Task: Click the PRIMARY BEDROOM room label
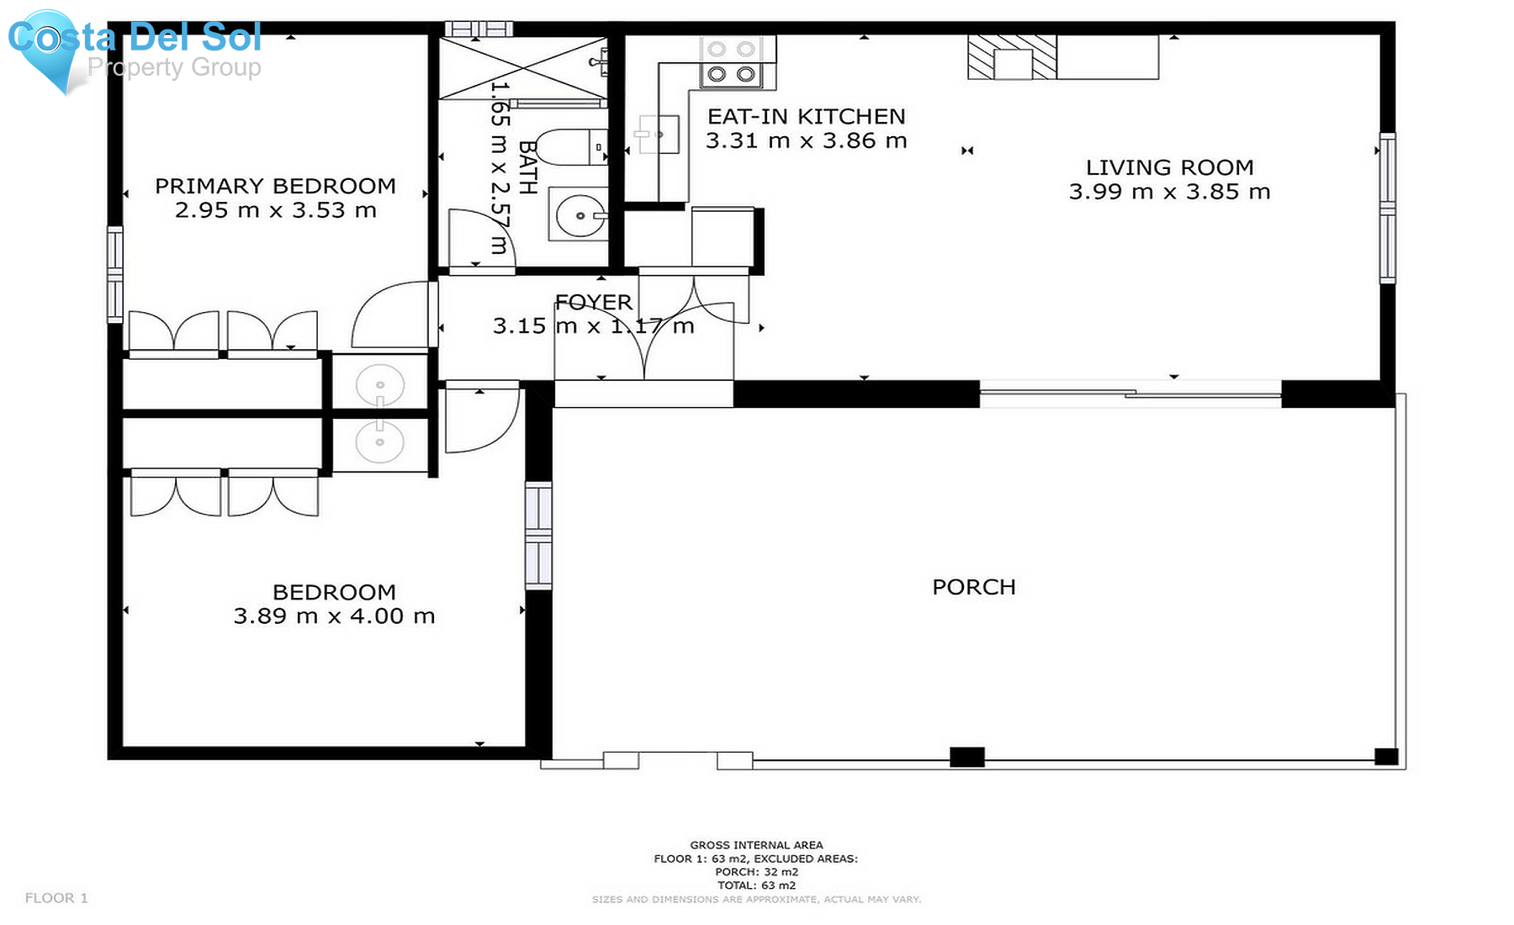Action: pyautogui.click(x=275, y=186)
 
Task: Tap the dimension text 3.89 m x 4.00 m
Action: pyautogui.click(x=334, y=616)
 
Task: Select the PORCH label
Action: pyautogui.click(x=973, y=587)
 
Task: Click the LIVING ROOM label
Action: pyautogui.click(x=1169, y=167)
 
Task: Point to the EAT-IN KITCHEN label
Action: pyautogui.click(x=806, y=116)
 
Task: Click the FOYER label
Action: pyautogui.click(x=593, y=302)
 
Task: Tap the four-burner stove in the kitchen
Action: pyautogui.click(x=731, y=61)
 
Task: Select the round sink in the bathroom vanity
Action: pyautogui.click(x=579, y=215)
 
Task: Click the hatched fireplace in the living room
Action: pyautogui.click(x=1012, y=57)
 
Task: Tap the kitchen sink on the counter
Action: pyautogui.click(x=658, y=135)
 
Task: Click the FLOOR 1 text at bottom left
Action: pyautogui.click(x=56, y=898)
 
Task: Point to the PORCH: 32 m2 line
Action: pyautogui.click(x=756, y=872)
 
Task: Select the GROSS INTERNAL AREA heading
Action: pyautogui.click(x=756, y=845)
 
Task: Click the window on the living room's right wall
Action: pyautogui.click(x=1387, y=207)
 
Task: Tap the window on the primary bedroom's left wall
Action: pyautogui.click(x=115, y=274)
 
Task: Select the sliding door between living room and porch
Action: pyautogui.click(x=1130, y=393)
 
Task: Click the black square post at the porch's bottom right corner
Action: pyautogui.click(x=1385, y=757)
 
